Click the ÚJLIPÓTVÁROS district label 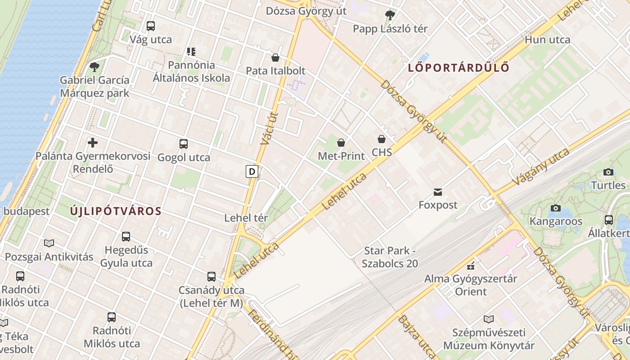tap(116, 211)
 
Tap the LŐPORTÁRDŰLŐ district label tap(459, 68)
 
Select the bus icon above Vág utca tap(151, 26)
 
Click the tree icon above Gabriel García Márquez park tap(94, 67)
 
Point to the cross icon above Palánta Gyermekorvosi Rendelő tap(93, 143)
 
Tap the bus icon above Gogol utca tap(184, 144)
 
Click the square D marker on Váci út tap(252, 171)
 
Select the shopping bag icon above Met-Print tap(341, 143)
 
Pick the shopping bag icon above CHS tap(382, 139)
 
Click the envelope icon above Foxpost tap(438, 192)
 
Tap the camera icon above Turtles tap(608, 172)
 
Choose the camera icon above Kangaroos tap(556, 208)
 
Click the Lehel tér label tap(246, 218)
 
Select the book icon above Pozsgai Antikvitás tap(49, 243)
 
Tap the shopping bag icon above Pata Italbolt tap(275, 58)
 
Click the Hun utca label tap(547, 40)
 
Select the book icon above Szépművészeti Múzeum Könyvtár tap(489, 319)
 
